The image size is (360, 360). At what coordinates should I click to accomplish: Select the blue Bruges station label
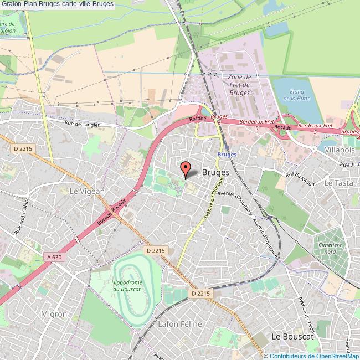[x=227, y=155]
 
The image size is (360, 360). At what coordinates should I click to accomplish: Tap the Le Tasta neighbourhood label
[x=338, y=183]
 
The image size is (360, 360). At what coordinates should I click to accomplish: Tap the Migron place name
[x=54, y=314]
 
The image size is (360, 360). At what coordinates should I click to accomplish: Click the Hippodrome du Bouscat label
[x=127, y=285]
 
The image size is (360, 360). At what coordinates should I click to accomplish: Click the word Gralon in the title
[x=13, y=4]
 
